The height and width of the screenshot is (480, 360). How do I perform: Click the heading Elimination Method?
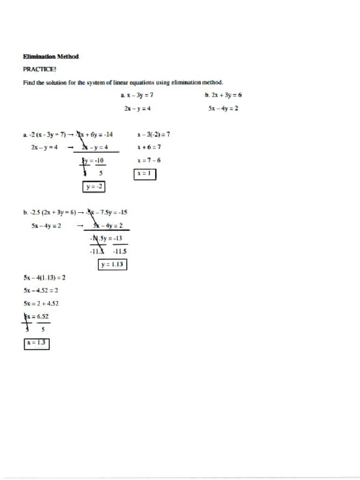[52, 57]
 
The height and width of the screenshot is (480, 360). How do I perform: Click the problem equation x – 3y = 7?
[137, 95]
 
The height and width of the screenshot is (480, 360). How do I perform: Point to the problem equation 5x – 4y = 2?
[224, 108]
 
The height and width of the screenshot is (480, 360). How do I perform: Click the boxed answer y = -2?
[94, 187]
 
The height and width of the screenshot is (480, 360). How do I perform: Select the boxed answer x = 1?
[145, 174]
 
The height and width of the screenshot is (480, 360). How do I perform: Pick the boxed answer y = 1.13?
[112, 265]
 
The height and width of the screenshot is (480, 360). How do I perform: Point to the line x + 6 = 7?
[150, 147]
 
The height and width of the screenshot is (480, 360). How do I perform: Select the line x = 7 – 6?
[150, 160]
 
